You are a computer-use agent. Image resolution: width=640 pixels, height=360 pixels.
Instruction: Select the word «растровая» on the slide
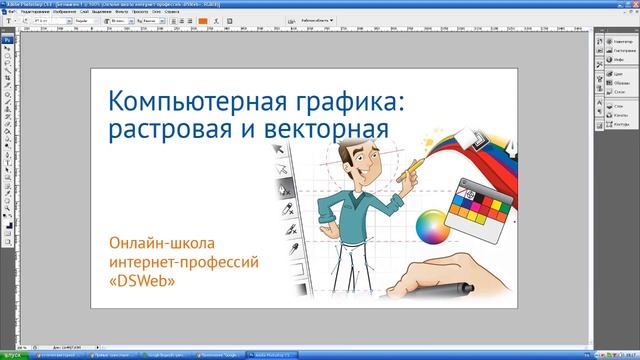pos(164,131)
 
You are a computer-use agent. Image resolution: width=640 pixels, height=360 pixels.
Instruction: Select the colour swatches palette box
pos(478,201)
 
